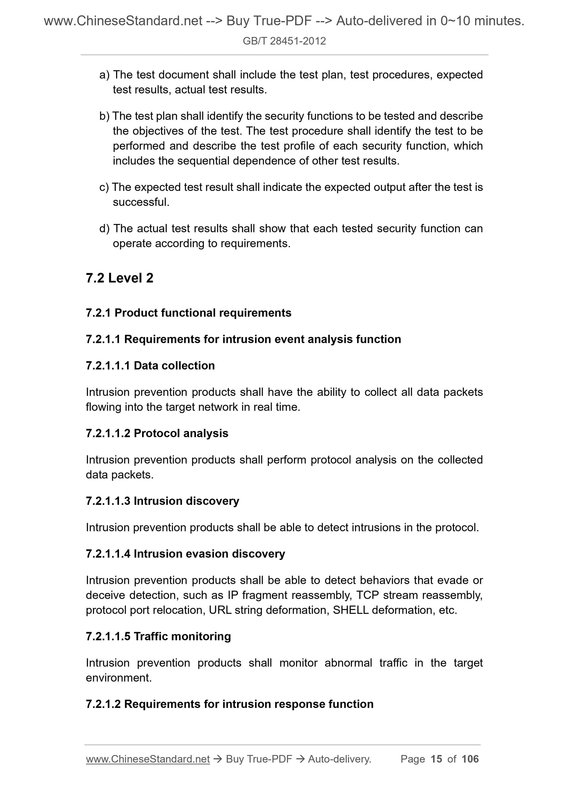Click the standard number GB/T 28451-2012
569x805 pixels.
[x=284, y=41]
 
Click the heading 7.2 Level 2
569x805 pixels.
[x=119, y=278]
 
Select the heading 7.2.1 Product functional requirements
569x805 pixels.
[x=188, y=313]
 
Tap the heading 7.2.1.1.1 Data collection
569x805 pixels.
[x=150, y=366]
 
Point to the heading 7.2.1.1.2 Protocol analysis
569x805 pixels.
[x=157, y=433]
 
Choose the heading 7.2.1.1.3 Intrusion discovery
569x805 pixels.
[x=162, y=501]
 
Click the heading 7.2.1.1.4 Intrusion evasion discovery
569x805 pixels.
[x=185, y=554]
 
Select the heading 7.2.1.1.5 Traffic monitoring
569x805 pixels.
[x=158, y=636]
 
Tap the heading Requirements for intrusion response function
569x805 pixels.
[x=249, y=704]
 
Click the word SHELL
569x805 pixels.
[x=351, y=611]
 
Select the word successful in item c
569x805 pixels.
[x=141, y=202]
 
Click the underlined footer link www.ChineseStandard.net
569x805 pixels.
[x=148, y=759]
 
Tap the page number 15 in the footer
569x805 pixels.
[x=436, y=759]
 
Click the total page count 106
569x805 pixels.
[x=470, y=759]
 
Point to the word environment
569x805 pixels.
[x=118, y=678]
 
